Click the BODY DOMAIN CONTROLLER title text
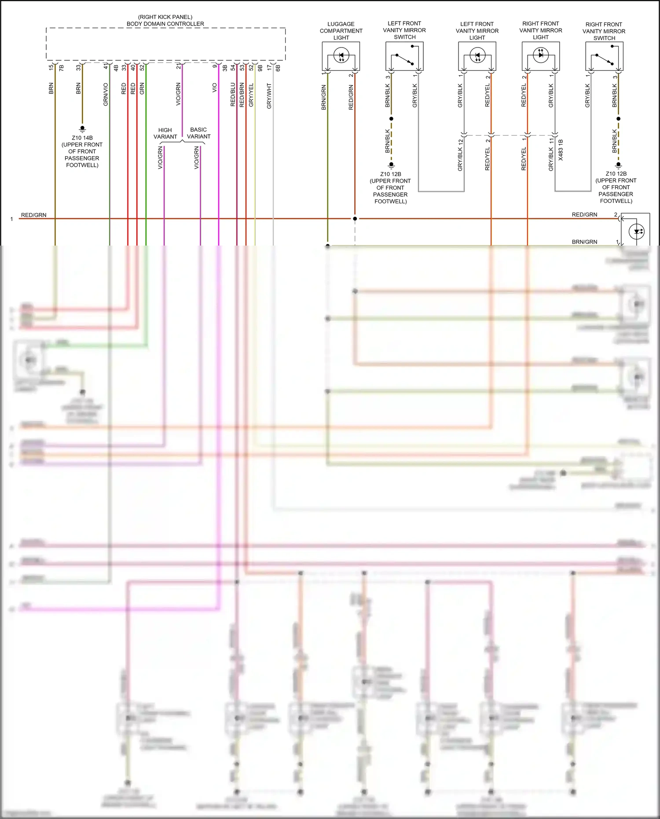pyautogui.click(x=165, y=24)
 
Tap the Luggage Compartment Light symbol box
pyautogui.click(x=341, y=56)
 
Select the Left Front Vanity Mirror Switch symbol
pyautogui.click(x=404, y=56)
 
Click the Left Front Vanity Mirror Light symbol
pyautogui.click(x=477, y=56)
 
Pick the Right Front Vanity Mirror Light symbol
pyautogui.click(x=541, y=56)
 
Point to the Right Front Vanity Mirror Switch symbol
pyautogui.click(x=604, y=56)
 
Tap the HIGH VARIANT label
pyautogui.click(x=165, y=133)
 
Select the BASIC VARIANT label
pyautogui.click(x=198, y=133)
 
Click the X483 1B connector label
pyautogui.click(x=561, y=150)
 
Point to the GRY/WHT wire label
pyautogui.click(x=269, y=96)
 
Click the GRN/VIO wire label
pyautogui.click(x=106, y=94)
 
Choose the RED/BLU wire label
pyautogui.click(x=233, y=95)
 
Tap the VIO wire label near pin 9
pyautogui.click(x=215, y=88)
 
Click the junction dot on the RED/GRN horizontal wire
pyautogui.click(x=355, y=219)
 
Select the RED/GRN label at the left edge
pyautogui.click(x=33, y=215)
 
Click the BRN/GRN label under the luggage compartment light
pyautogui.click(x=324, y=98)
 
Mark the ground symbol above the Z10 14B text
pyautogui.click(x=82, y=129)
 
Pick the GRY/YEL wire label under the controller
pyautogui.click(x=251, y=95)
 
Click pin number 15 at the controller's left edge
pyautogui.click(x=51, y=67)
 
